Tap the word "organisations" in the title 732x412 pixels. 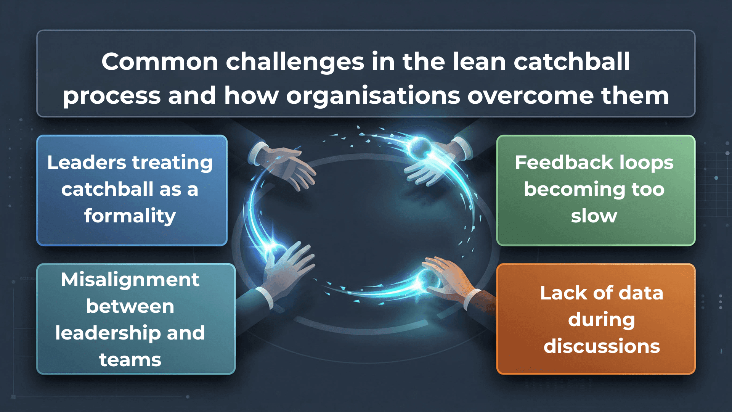click(x=373, y=95)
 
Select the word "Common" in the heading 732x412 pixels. click(x=160, y=61)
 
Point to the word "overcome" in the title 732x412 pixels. click(x=530, y=95)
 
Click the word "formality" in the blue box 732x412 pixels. click(x=130, y=216)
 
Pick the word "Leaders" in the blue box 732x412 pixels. click(x=87, y=163)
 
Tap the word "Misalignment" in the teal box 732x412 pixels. click(x=130, y=280)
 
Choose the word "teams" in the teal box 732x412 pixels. click(x=130, y=360)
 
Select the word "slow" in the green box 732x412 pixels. click(x=594, y=216)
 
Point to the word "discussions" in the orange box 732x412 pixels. click(x=602, y=346)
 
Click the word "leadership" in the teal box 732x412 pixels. click(x=108, y=333)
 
